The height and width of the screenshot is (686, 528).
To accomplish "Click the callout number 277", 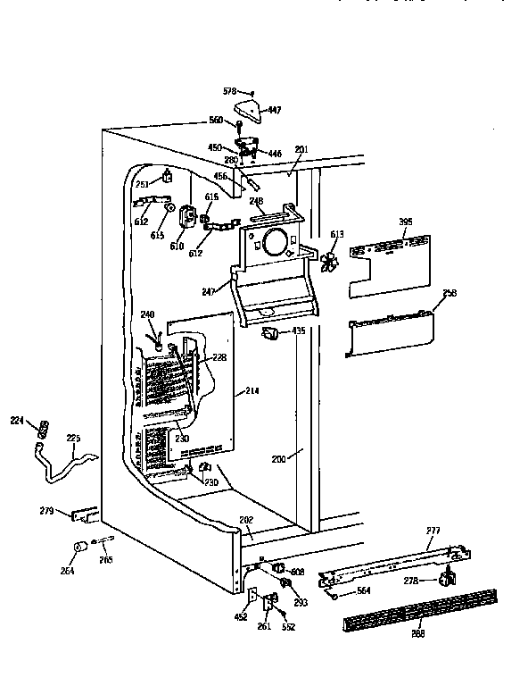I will [x=433, y=531].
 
